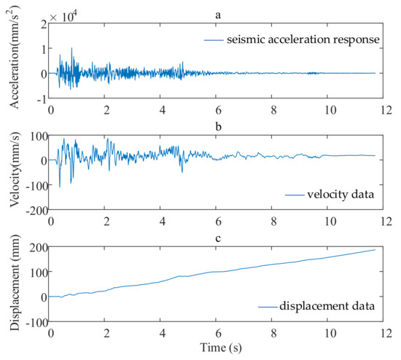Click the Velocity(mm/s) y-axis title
pyautogui.click(x=15, y=173)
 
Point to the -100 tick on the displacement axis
pyautogui.click(x=35, y=321)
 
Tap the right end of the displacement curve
pyautogui.click(x=375, y=250)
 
